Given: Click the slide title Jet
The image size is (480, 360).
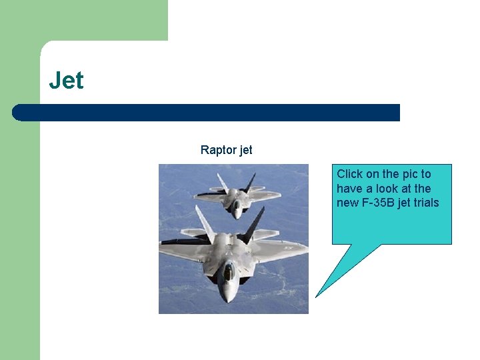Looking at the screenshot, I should pyautogui.click(x=67, y=81).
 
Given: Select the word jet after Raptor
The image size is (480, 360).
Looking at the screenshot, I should pyautogui.click(x=245, y=150).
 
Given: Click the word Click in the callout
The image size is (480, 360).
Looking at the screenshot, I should pyautogui.click(x=350, y=174).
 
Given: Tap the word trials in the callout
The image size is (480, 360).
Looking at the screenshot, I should pyautogui.click(x=426, y=203).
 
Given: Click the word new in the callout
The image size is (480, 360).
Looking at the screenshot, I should pyautogui.click(x=348, y=203).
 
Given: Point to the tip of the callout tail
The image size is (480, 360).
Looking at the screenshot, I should pyautogui.click(x=316, y=296).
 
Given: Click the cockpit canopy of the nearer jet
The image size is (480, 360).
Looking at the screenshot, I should pyautogui.click(x=228, y=271).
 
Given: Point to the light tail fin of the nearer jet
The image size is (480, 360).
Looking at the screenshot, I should pyautogui.click(x=205, y=223).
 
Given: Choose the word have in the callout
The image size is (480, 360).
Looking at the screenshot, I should pyautogui.click(x=350, y=189).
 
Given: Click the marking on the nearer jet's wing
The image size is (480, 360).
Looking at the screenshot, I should pyautogui.click(x=289, y=247).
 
